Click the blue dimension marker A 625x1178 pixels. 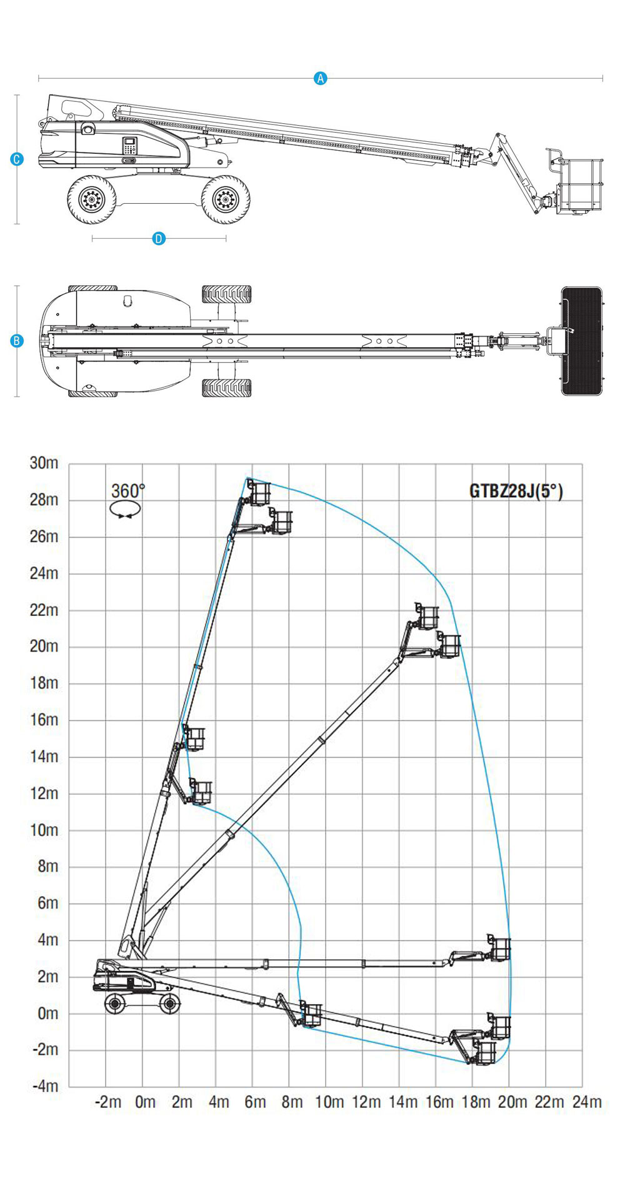pos(320,78)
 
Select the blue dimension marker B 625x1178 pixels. pos(17,341)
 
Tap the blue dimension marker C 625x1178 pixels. pos(17,159)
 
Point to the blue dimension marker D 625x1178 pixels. pos(159,238)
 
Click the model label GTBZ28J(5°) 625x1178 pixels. pos(516,491)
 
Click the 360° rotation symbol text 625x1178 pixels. pos(128,491)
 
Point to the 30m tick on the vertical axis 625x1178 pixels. pos(44,463)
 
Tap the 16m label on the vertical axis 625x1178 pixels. pos(44,720)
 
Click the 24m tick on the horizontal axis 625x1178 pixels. pos(587,1102)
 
